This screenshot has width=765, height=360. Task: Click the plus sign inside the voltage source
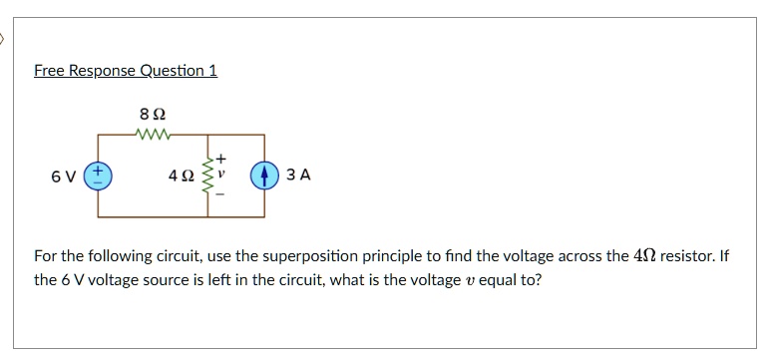pyautogui.click(x=99, y=171)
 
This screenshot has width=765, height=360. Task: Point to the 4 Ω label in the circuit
pyautogui.click(x=182, y=176)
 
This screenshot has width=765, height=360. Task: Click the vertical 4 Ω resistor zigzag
pyautogui.click(x=208, y=176)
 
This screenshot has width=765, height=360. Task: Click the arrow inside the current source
pyautogui.click(x=264, y=176)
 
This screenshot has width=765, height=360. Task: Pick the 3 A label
pyautogui.click(x=298, y=176)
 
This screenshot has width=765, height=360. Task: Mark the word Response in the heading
pyautogui.click(x=99, y=71)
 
